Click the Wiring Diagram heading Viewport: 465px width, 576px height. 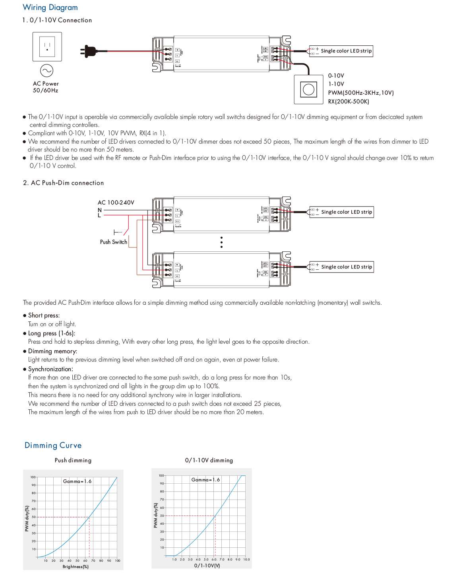pyautogui.click(x=50, y=8)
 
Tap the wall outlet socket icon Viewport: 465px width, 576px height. pyautogui.click(x=47, y=47)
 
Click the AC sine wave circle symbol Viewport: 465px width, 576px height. pyautogui.click(x=46, y=71)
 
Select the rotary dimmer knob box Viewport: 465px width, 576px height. pyautogui.click(x=308, y=89)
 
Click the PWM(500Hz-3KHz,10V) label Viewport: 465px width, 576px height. pyautogui.click(x=360, y=93)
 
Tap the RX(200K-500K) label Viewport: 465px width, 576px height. pyautogui.click(x=349, y=101)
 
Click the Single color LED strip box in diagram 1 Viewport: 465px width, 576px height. pyautogui.click(x=341, y=51)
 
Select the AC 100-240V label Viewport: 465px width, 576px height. pyautogui.click(x=116, y=202)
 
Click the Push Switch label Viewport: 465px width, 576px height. pyautogui.click(x=114, y=242)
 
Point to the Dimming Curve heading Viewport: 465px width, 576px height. pyautogui.click(x=53, y=446)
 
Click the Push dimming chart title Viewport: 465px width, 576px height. pyautogui.click(x=73, y=460)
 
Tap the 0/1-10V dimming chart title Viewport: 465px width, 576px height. pyautogui.click(x=209, y=460)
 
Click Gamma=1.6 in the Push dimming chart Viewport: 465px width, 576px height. pyautogui.click(x=77, y=481)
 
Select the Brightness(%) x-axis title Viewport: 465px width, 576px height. pyautogui.click(x=76, y=566)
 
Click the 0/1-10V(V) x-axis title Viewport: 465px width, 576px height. pyautogui.click(x=207, y=565)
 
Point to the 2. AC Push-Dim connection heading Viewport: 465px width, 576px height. pyautogui.click(x=64, y=183)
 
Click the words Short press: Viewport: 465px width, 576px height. pyautogui.click(x=44, y=315)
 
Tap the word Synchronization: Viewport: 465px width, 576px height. pyautogui.click(x=50, y=369)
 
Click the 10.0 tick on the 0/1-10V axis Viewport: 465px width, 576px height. pyautogui.click(x=246, y=559)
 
